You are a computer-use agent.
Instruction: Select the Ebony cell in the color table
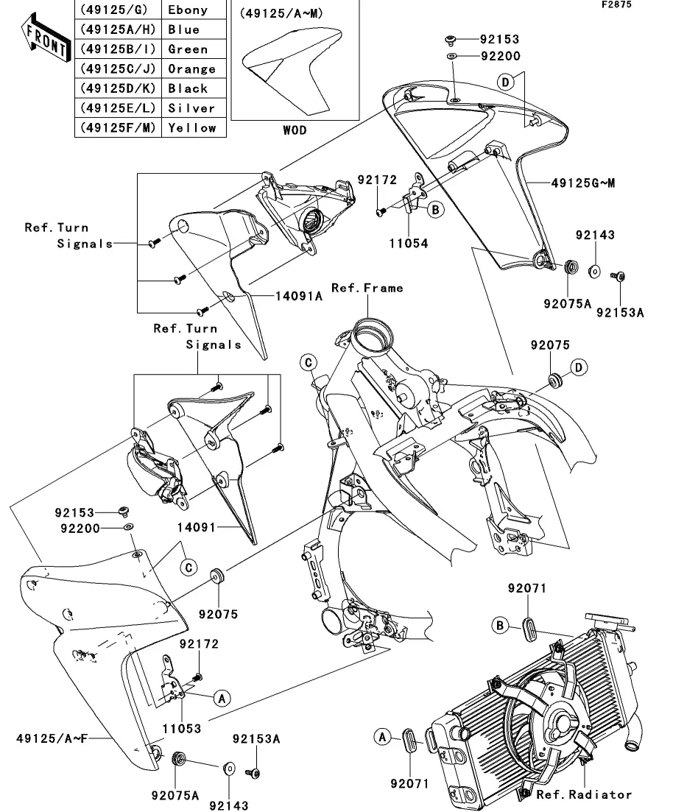tap(188, 10)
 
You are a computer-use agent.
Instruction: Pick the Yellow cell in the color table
tap(192, 127)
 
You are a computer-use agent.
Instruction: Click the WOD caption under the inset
tap(295, 130)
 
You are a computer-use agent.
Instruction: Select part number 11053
tap(181, 728)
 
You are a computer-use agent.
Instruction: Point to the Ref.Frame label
tap(367, 288)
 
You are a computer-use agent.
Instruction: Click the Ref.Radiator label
tap(583, 794)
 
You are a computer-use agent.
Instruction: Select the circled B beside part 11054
tap(435, 210)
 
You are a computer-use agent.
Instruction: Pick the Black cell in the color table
tap(188, 88)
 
